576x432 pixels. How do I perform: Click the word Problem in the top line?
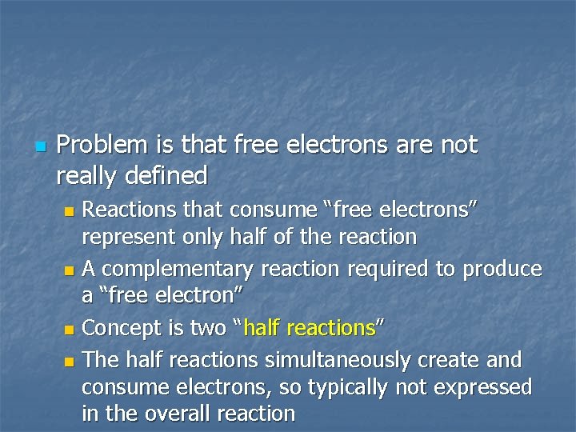pyautogui.click(x=102, y=145)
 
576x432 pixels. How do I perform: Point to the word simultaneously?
pyautogui.click(x=334, y=359)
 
